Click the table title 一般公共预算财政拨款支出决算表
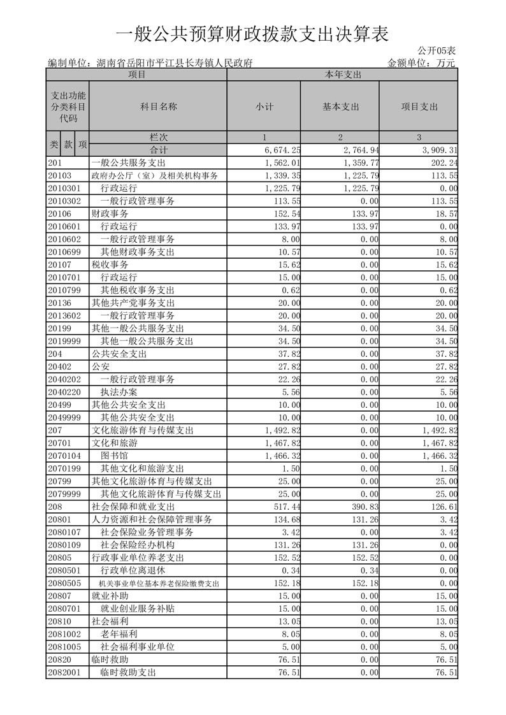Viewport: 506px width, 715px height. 253,32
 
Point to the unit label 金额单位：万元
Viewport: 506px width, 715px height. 421,62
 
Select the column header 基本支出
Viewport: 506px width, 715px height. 341,106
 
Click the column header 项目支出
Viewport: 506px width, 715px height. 419,106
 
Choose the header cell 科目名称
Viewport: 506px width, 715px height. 159,106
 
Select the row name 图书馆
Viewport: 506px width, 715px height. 115,456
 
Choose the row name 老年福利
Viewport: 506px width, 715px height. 119,634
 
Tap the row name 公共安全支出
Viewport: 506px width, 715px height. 119,354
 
